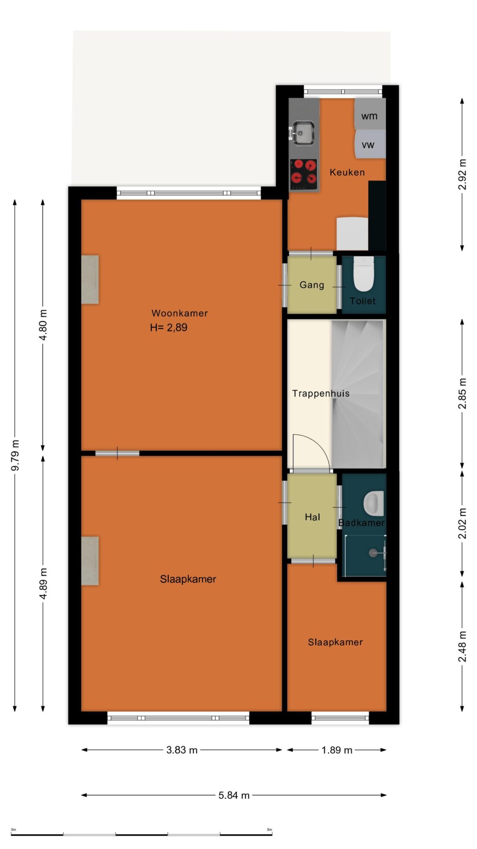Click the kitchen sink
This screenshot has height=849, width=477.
[x=303, y=133]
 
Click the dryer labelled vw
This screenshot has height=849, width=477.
[x=370, y=144]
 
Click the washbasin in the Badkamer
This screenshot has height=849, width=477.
[x=373, y=504]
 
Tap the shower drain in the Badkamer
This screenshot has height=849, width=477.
[x=374, y=552]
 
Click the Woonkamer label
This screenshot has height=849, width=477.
[x=179, y=313]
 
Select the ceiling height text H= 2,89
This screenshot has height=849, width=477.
[x=169, y=328]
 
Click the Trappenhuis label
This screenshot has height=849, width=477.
[x=321, y=394]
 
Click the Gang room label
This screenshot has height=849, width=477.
[x=312, y=285]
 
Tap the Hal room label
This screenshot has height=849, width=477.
[x=312, y=517]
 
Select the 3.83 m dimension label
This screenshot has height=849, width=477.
[x=182, y=750]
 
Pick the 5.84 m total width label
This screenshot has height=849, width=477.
[x=234, y=795]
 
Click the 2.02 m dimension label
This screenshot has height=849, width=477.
[x=462, y=524]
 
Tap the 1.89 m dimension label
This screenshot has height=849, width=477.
[x=337, y=750]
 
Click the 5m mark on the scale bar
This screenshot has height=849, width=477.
[x=269, y=830]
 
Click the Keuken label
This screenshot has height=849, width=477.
[x=347, y=172]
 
